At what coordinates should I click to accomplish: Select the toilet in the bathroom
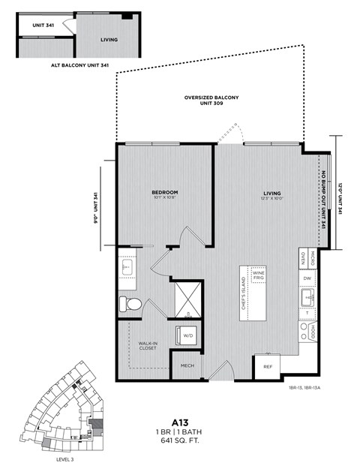pyautogui.click(x=130, y=305)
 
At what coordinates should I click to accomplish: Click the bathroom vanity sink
pyautogui.click(x=126, y=266)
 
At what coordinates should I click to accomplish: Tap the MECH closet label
pyautogui.click(x=187, y=365)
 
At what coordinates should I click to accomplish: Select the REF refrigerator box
pyautogui.click(x=268, y=366)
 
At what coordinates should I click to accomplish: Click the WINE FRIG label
pyautogui.click(x=258, y=275)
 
